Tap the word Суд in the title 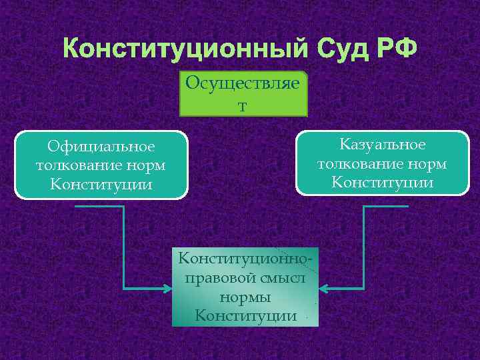pyautogui.click(x=341, y=49)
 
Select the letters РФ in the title pyautogui.click(x=399, y=49)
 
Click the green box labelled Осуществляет pyautogui.click(x=243, y=93)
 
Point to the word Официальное pyautogui.click(x=101, y=146)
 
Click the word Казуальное pyautogui.click(x=382, y=145)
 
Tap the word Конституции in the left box pyautogui.click(x=101, y=183)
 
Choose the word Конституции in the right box pyautogui.click(x=382, y=182)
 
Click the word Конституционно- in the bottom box pyautogui.click(x=245, y=257)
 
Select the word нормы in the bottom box pyautogui.click(x=245, y=296)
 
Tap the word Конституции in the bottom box pyautogui.click(x=245, y=315)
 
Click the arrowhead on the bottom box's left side pyautogui.click(x=167, y=289)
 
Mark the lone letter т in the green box pyautogui.click(x=243, y=105)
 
